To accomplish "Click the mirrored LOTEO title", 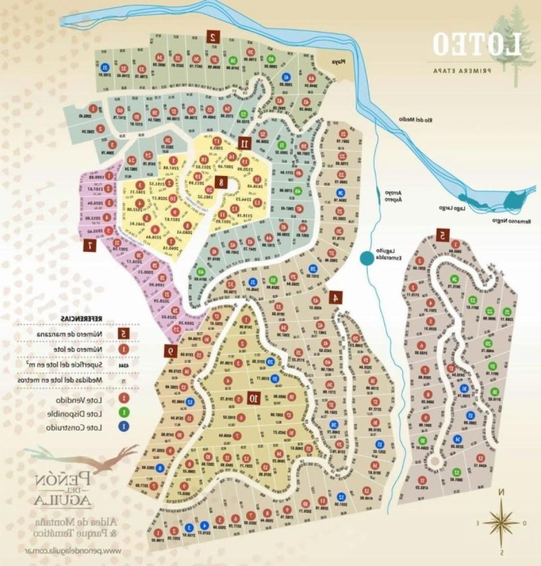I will click(x=476, y=45).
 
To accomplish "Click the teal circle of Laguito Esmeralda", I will click(x=367, y=259).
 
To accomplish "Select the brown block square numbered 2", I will click(x=213, y=37).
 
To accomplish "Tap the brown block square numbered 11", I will click(x=244, y=143).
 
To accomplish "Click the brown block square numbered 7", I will click(x=89, y=245).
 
